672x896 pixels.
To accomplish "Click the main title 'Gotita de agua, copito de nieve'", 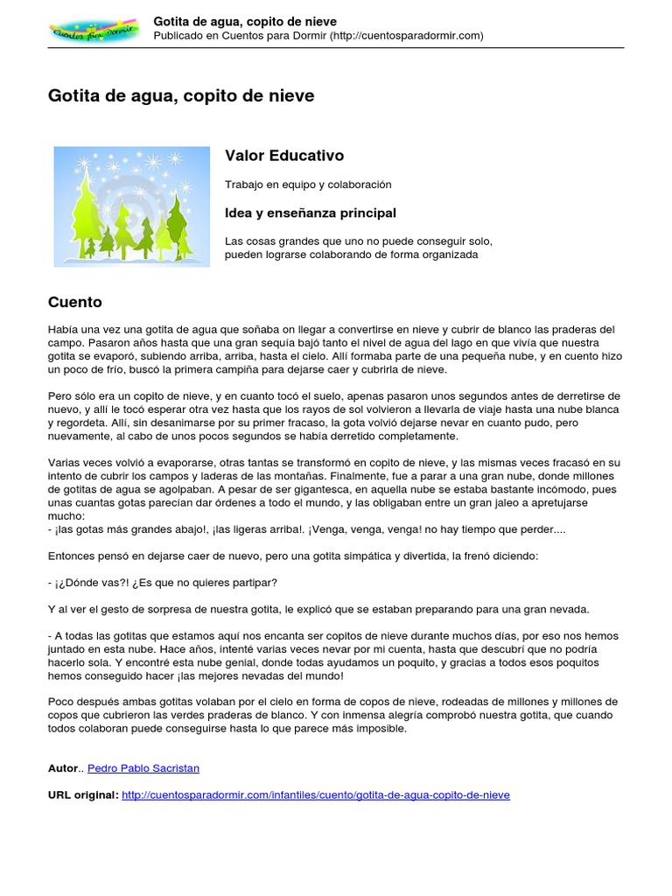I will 180,96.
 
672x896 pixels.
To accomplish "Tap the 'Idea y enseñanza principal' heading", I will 311,213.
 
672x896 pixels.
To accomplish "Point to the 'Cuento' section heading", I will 74,302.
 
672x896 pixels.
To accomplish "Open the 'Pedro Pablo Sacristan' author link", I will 143,768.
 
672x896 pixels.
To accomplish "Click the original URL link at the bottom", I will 316,794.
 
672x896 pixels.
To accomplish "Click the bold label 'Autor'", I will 63,768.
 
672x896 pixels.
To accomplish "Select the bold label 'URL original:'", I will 83,794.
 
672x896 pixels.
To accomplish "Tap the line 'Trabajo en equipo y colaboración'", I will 308,185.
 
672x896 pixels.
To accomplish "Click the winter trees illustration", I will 131,206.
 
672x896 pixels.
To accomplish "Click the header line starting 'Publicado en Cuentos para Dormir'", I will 318,36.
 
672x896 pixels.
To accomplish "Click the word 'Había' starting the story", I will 63,330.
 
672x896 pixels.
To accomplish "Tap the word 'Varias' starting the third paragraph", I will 65,463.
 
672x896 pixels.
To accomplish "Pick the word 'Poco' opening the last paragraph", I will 61,702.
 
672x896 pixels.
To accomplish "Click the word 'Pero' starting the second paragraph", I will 59,396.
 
